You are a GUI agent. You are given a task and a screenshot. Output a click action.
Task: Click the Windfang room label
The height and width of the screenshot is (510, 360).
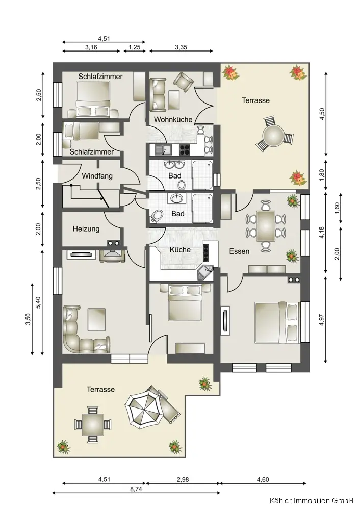tap(97, 176)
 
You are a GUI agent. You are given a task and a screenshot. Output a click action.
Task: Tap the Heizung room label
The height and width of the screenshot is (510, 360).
tap(86, 228)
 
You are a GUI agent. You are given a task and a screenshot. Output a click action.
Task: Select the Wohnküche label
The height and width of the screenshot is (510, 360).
tap(173, 119)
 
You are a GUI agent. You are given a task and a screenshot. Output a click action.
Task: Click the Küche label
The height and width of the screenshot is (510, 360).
tap(180, 249)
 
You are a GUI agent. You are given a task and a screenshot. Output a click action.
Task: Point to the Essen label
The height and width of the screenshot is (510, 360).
tap(239, 251)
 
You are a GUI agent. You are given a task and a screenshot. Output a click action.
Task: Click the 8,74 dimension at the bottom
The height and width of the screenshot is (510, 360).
tap(136, 489)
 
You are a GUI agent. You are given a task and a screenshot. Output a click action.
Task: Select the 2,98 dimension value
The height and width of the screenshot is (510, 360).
tap(183, 479)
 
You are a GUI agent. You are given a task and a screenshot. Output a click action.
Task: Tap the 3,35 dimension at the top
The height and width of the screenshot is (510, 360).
tap(181, 47)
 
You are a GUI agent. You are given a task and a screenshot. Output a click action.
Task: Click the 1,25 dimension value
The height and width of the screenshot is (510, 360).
tap(134, 47)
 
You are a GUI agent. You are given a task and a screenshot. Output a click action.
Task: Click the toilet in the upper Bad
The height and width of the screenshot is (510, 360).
tap(182, 185)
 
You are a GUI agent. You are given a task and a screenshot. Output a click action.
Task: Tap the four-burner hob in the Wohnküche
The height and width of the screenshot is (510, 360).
tap(185, 149)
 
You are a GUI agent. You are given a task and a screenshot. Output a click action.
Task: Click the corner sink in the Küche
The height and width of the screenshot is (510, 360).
tap(205, 272)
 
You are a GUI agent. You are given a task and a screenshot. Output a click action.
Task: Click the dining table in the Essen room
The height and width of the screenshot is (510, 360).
tap(266, 226)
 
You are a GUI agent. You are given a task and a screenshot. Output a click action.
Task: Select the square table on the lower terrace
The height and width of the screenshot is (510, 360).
tap(93, 424)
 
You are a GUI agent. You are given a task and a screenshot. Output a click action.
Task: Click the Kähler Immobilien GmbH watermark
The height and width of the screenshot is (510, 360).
tap(311, 501)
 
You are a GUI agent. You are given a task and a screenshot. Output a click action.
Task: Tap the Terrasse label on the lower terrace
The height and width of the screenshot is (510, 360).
tap(100, 389)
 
